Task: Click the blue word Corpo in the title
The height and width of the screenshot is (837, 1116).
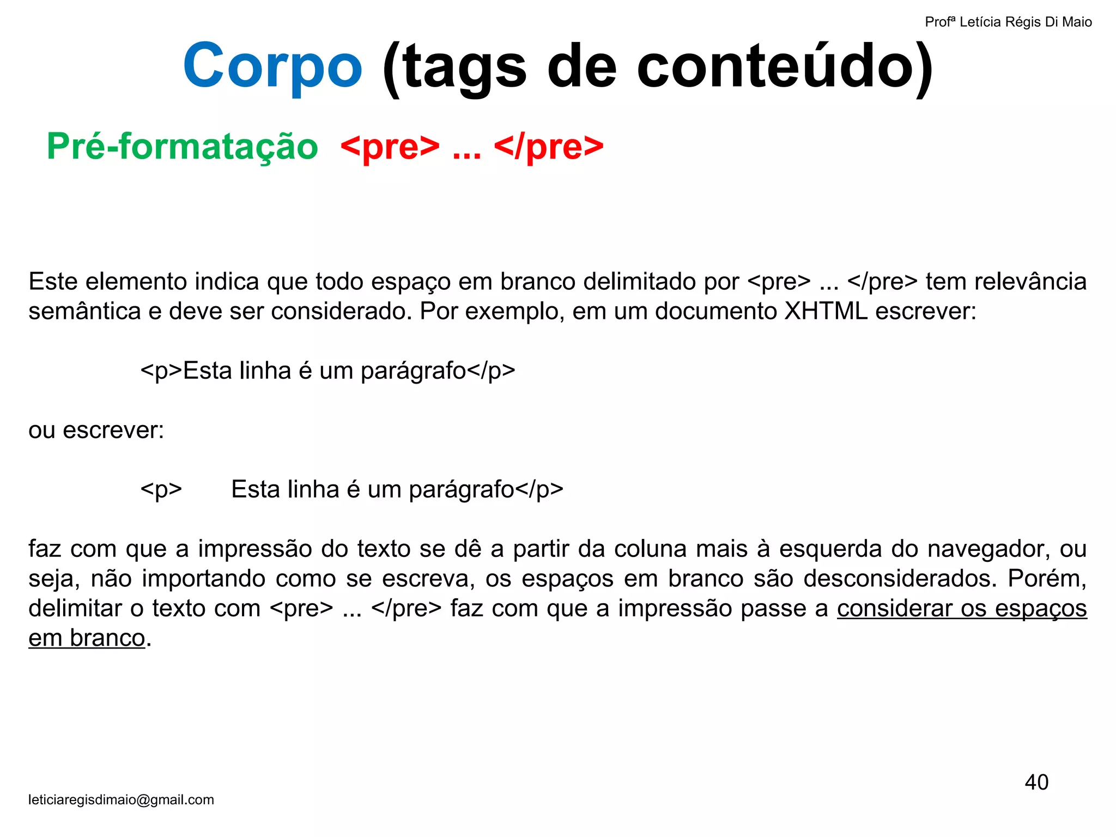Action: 272,66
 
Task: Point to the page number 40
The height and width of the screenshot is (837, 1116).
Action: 1036,782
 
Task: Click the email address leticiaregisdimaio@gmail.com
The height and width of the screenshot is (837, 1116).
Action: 121,799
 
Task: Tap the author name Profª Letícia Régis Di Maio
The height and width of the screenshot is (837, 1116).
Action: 1008,22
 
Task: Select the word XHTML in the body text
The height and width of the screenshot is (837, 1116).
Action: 826,311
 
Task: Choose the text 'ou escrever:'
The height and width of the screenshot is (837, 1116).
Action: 96,430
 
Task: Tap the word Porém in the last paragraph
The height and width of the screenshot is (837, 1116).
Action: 1047,578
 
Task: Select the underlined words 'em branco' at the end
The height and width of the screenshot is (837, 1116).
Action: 87,638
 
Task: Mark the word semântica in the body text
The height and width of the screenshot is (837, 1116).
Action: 84,311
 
